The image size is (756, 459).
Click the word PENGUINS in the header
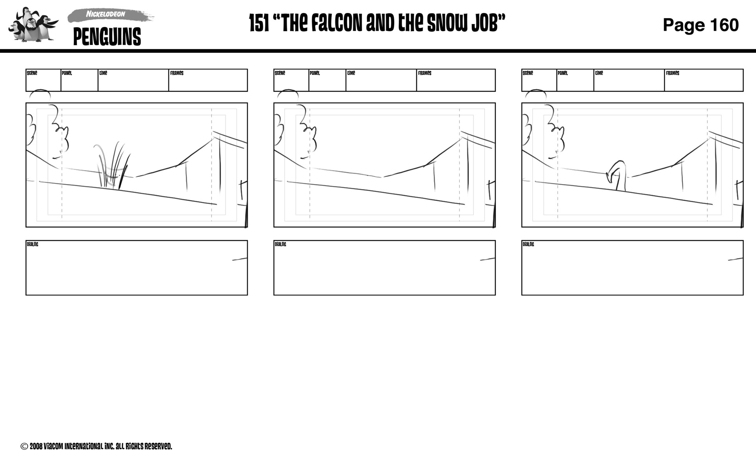tap(107, 37)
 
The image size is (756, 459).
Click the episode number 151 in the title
tap(259, 24)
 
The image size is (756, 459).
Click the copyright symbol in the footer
tap(24, 446)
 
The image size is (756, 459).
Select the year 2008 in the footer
tap(36, 446)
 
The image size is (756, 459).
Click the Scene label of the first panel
tap(32, 73)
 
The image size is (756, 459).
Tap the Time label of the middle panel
tap(351, 73)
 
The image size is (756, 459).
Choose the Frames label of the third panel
tap(673, 73)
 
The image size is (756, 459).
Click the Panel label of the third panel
tap(562, 73)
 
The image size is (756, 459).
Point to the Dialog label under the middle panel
tap(280, 244)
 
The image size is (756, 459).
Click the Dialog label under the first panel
tap(32, 244)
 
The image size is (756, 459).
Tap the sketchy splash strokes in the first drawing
tap(112, 165)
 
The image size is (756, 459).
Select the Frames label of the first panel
tap(177, 73)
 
